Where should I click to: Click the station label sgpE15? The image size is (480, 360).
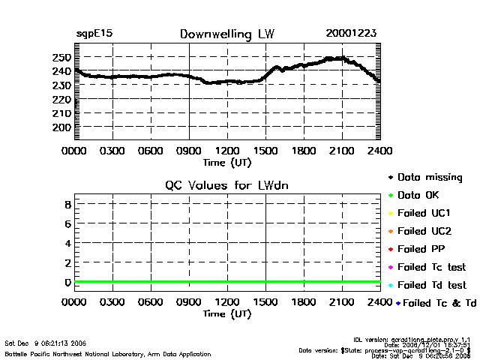pyautogui.click(x=94, y=34)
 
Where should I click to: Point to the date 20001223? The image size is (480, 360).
pyautogui.click(x=351, y=34)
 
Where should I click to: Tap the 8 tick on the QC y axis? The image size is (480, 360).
pyautogui.click(x=67, y=204)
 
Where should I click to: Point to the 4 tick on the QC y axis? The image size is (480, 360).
pyautogui.click(x=67, y=243)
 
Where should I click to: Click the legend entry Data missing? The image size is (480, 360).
pyautogui.click(x=429, y=178)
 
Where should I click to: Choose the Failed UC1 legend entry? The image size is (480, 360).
pyautogui.click(x=424, y=213)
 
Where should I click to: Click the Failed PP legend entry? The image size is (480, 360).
pyautogui.click(x=421, y=249)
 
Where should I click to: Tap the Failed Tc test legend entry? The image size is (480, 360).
pyautogui.click(x=431, y=267)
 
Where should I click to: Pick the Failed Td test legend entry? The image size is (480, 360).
pyautogui.click(x=431, y=285)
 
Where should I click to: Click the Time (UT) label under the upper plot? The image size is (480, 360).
pyautogui.click(x=226, y=161)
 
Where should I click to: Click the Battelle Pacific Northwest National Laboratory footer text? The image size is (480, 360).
pyautogui.click(x=108, y=353)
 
